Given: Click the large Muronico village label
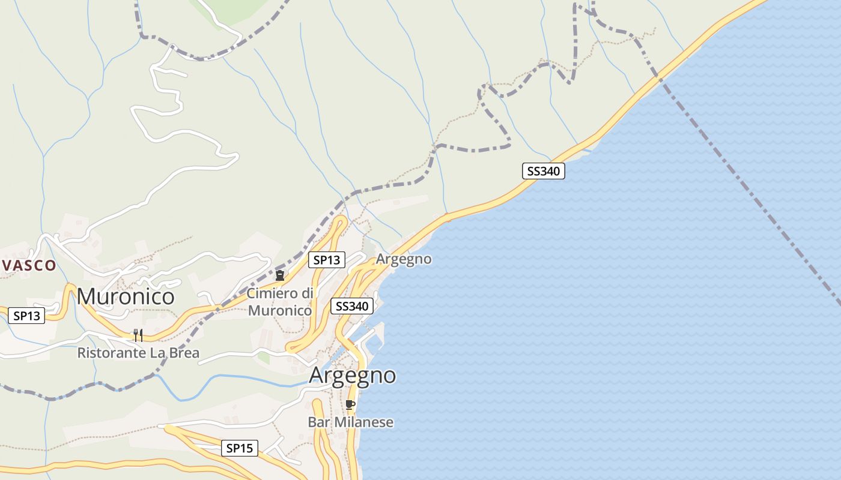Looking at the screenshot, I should [126, 296].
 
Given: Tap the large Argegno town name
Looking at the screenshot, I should [352, 376].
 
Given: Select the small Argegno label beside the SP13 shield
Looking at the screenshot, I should [404, 259].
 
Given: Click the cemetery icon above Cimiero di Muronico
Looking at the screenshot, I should [279, 275].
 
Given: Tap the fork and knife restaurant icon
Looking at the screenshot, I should [138, 335].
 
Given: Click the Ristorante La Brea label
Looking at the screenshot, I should [138, 353].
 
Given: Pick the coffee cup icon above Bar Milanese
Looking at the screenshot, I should [350, 405].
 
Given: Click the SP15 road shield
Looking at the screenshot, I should [239, 448].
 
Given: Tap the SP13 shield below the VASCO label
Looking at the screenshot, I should [26, 316].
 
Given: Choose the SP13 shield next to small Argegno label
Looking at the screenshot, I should [327, 260].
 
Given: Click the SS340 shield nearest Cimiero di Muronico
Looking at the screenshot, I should [351, 306].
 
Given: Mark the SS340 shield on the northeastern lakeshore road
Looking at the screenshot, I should [543, 171].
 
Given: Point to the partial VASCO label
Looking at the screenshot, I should [28, 265].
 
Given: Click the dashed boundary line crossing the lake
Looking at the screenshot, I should [751, 192].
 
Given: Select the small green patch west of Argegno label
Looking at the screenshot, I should [263, 358].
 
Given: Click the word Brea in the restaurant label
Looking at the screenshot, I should [184, 353].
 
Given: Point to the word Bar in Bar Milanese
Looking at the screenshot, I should [319, 422].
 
